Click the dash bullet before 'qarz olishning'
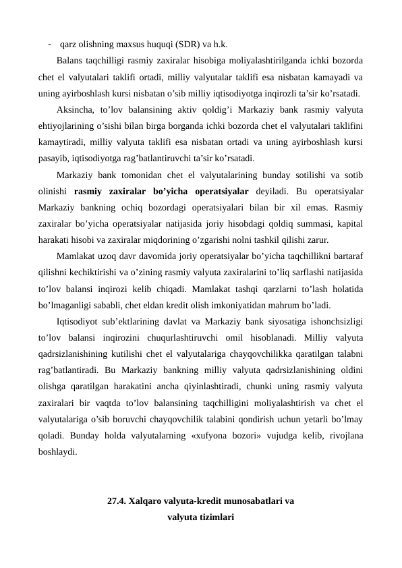[x=50, y=45]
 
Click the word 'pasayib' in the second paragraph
[x=53, y=159]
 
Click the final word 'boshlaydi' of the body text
[x=57, y=452]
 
